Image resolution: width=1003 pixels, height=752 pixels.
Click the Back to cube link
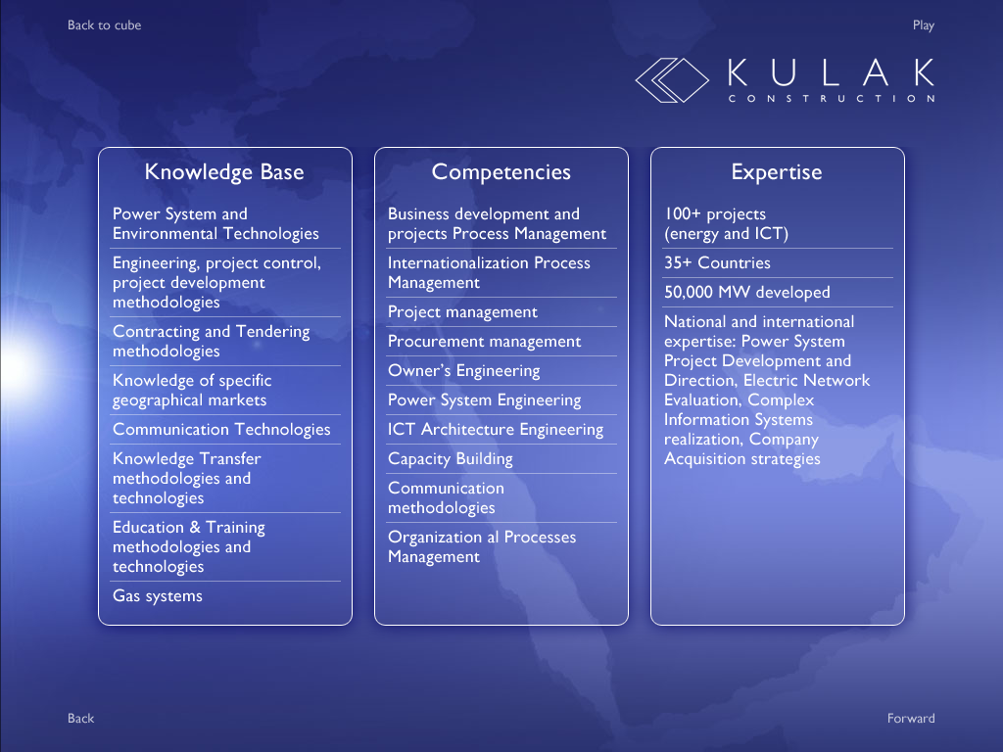(x=104, y=25)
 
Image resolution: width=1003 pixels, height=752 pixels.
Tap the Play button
(x=923, y=25)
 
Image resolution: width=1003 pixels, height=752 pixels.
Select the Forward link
(x=911, y=718)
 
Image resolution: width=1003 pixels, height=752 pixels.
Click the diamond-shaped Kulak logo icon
(x=672, y=80)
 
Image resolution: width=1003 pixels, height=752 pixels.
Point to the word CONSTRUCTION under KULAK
(x=832, y=99)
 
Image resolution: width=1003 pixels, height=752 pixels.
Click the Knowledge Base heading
(x=224, y=172)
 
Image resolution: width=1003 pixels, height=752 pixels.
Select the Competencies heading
(x=501, y=172)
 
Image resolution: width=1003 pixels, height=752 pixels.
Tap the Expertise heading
(x=777, y=172)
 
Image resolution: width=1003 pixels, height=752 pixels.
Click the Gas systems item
(x=158, y=596)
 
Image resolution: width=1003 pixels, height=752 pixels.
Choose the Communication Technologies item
(x=221, y=429)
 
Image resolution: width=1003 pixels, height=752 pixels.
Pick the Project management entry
(x=462, y=312)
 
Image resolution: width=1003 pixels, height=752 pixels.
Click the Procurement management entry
(x=484, y=342)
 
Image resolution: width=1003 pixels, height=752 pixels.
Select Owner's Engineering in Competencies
(x=463, y=371)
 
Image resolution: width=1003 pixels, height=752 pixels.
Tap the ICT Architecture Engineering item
(x=496, y=429)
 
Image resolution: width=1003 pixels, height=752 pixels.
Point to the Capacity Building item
(x=451, y=458)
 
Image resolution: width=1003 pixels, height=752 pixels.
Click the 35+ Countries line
(x=717, y=262)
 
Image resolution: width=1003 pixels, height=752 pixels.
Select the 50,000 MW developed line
(x=747, y=292)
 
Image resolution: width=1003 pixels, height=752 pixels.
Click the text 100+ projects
(x=715, y=214)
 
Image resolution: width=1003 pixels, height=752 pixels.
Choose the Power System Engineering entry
(x=484, y=400)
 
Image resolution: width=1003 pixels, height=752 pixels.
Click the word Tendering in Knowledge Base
(x=272, y=331)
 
